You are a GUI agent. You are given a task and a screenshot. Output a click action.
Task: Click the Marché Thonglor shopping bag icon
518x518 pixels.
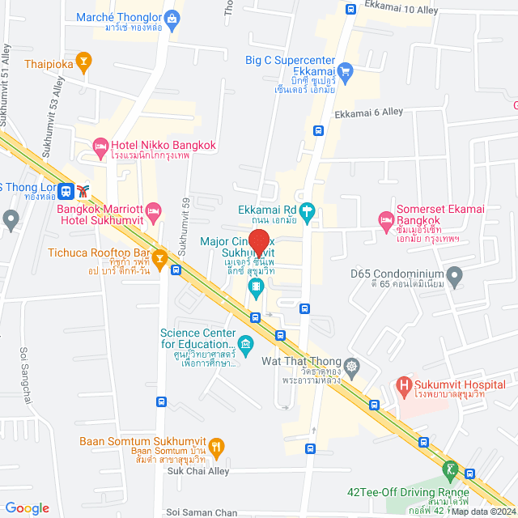point(172,17)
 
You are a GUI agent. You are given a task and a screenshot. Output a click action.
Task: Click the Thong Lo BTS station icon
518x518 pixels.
point(83,191)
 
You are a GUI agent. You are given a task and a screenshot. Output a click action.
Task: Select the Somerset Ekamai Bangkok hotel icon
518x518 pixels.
point(386,220)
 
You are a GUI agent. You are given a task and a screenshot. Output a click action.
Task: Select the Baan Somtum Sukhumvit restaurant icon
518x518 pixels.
point(216,446)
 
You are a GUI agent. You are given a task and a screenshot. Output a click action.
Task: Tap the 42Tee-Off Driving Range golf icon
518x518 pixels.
point(450,469)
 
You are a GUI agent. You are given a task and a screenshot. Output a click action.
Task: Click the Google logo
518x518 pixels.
point(27,507)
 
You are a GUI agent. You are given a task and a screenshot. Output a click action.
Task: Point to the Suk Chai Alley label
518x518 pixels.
point(200,470)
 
